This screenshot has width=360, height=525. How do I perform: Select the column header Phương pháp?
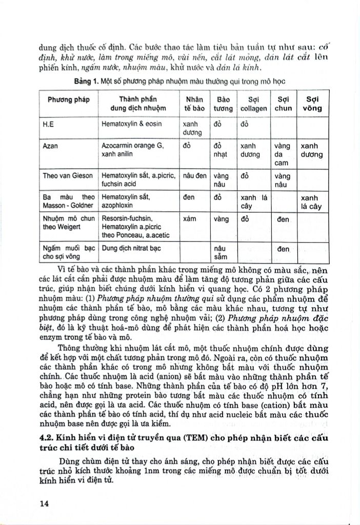click(69, 99)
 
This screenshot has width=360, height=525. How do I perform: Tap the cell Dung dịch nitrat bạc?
click(129, 249)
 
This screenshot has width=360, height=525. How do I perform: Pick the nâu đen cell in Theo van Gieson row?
click(194, 175)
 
